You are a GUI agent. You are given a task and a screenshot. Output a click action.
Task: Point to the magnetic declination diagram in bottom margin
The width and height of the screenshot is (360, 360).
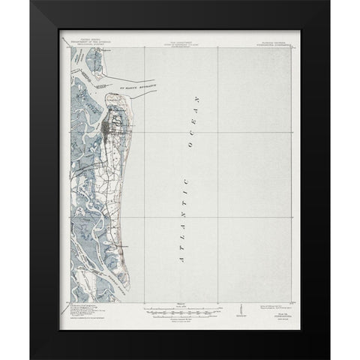(239, 308)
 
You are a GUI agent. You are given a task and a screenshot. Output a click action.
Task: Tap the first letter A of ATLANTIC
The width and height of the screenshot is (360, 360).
(180, 259)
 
